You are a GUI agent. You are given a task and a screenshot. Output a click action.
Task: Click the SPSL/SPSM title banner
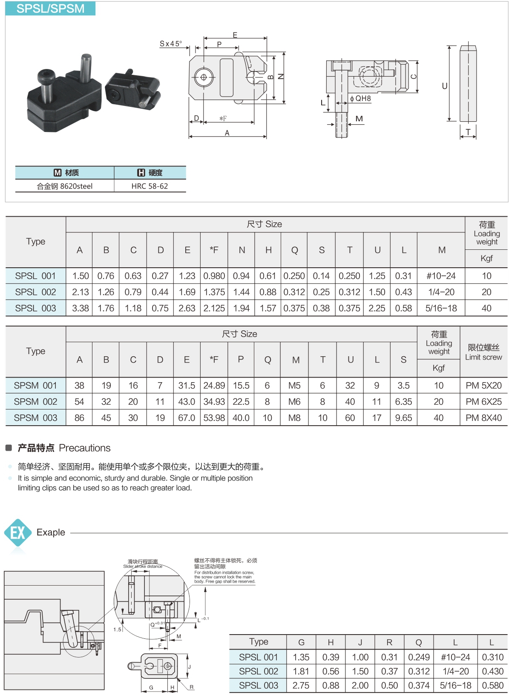[x=50, y=9]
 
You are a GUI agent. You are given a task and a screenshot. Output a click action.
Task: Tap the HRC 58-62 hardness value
[x=150, y=186]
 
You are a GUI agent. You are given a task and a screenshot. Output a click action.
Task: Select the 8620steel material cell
[x=65, y=186]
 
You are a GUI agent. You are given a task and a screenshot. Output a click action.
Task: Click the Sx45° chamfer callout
[x=171, y=43]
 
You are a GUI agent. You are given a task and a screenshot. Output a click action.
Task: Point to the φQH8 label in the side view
[x=360, y=98]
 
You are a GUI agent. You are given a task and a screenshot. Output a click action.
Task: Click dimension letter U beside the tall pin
[x=444, y=86]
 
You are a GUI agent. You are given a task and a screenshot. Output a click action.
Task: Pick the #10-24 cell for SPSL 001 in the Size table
[x=441, y=276]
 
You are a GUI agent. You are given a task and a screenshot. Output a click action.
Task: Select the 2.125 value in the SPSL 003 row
[x=214, y=308]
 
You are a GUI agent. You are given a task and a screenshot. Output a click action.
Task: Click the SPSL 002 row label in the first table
[x=35, y=292]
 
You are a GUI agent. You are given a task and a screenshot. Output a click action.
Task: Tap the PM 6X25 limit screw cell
[x=483, y=401]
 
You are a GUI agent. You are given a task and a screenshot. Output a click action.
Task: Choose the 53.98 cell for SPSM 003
[x=214, y=418]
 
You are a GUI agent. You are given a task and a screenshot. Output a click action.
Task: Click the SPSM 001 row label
[x=35, y=385]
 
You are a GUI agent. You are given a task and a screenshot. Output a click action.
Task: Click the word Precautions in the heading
[x=85, y=448]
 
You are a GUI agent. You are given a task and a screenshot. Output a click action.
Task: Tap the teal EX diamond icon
[x=17, y=532]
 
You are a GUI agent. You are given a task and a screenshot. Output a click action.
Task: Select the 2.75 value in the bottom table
[x=301, y=685]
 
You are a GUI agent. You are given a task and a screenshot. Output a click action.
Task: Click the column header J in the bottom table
[x=360, y=642]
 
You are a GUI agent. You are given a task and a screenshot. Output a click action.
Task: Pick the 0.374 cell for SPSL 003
[x=419, y=685]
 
